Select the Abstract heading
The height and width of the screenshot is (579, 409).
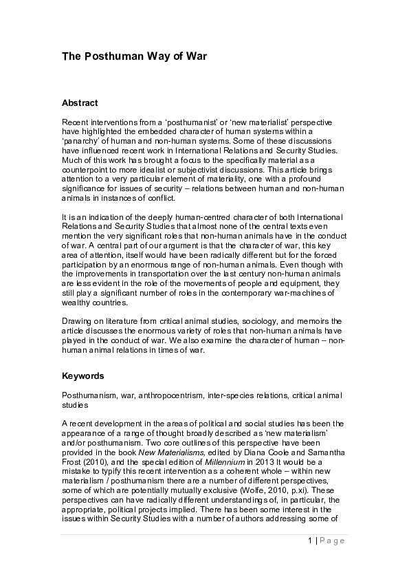80,103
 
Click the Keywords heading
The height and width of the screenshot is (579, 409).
82,376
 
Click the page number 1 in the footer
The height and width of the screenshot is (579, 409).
311,540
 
